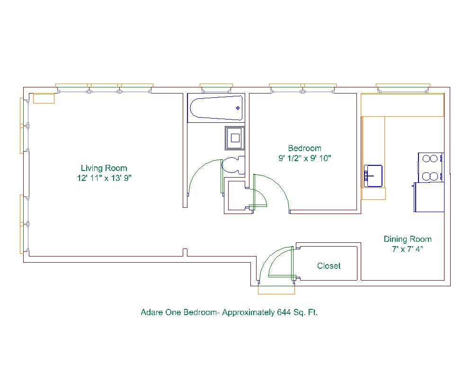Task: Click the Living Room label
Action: click(x=104, y=168)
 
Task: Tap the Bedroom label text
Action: click(x=304, y=148)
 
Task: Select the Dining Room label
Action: click(x=408, y=239)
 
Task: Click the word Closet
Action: click(x=329, y=266)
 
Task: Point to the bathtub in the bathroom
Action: click(x=216, y=108)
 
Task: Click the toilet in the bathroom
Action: click(x=233, y=165)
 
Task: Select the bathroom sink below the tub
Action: click(x=235, y=138)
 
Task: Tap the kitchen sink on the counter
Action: click(x=373, y=176)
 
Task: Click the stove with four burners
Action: click(x=431, y=167)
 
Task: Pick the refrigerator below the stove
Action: click(x=429, y=197)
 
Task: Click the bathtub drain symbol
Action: click(x=238, y=108)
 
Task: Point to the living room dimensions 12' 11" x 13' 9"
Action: click(x=104, y=178)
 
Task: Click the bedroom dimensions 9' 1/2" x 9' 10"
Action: click(x=304, y=158)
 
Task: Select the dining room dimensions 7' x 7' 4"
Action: click(x=408, y=249)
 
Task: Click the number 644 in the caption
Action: click(x=284, y=312)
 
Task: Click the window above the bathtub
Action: click(x=216, y=88)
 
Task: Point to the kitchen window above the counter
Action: click(x=403, y=88)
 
